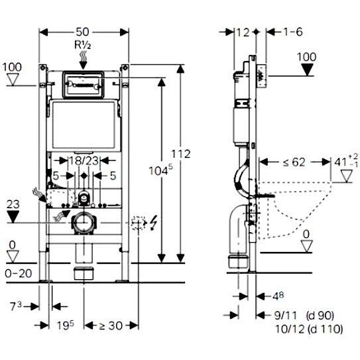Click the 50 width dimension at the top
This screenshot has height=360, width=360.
point(82,32)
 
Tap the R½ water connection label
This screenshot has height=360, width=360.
point(82,45)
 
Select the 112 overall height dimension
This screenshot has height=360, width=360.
point(181,154)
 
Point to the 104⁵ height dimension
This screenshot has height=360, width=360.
point(160,170)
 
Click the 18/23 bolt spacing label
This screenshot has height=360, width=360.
point(84,160)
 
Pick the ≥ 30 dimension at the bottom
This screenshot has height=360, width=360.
point(111,326)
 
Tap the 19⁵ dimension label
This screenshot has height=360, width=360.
point(66,326)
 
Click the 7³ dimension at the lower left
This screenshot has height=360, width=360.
point(16,306)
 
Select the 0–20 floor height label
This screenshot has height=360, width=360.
point(19,273)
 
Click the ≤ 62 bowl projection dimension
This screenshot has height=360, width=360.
point(294,162)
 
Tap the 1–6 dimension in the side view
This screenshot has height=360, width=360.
point(293,32)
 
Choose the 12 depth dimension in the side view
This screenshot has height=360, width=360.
point(243,32)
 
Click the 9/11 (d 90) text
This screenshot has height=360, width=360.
point(304,316)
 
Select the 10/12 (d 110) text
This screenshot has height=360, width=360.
point(309,329)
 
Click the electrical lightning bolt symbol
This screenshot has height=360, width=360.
point(153,223)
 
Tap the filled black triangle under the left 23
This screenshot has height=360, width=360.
point(13,217)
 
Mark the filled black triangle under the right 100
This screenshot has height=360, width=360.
point(307,70)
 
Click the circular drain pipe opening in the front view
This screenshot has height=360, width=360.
point(84,222)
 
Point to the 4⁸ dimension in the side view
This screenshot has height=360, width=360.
point(278,296)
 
